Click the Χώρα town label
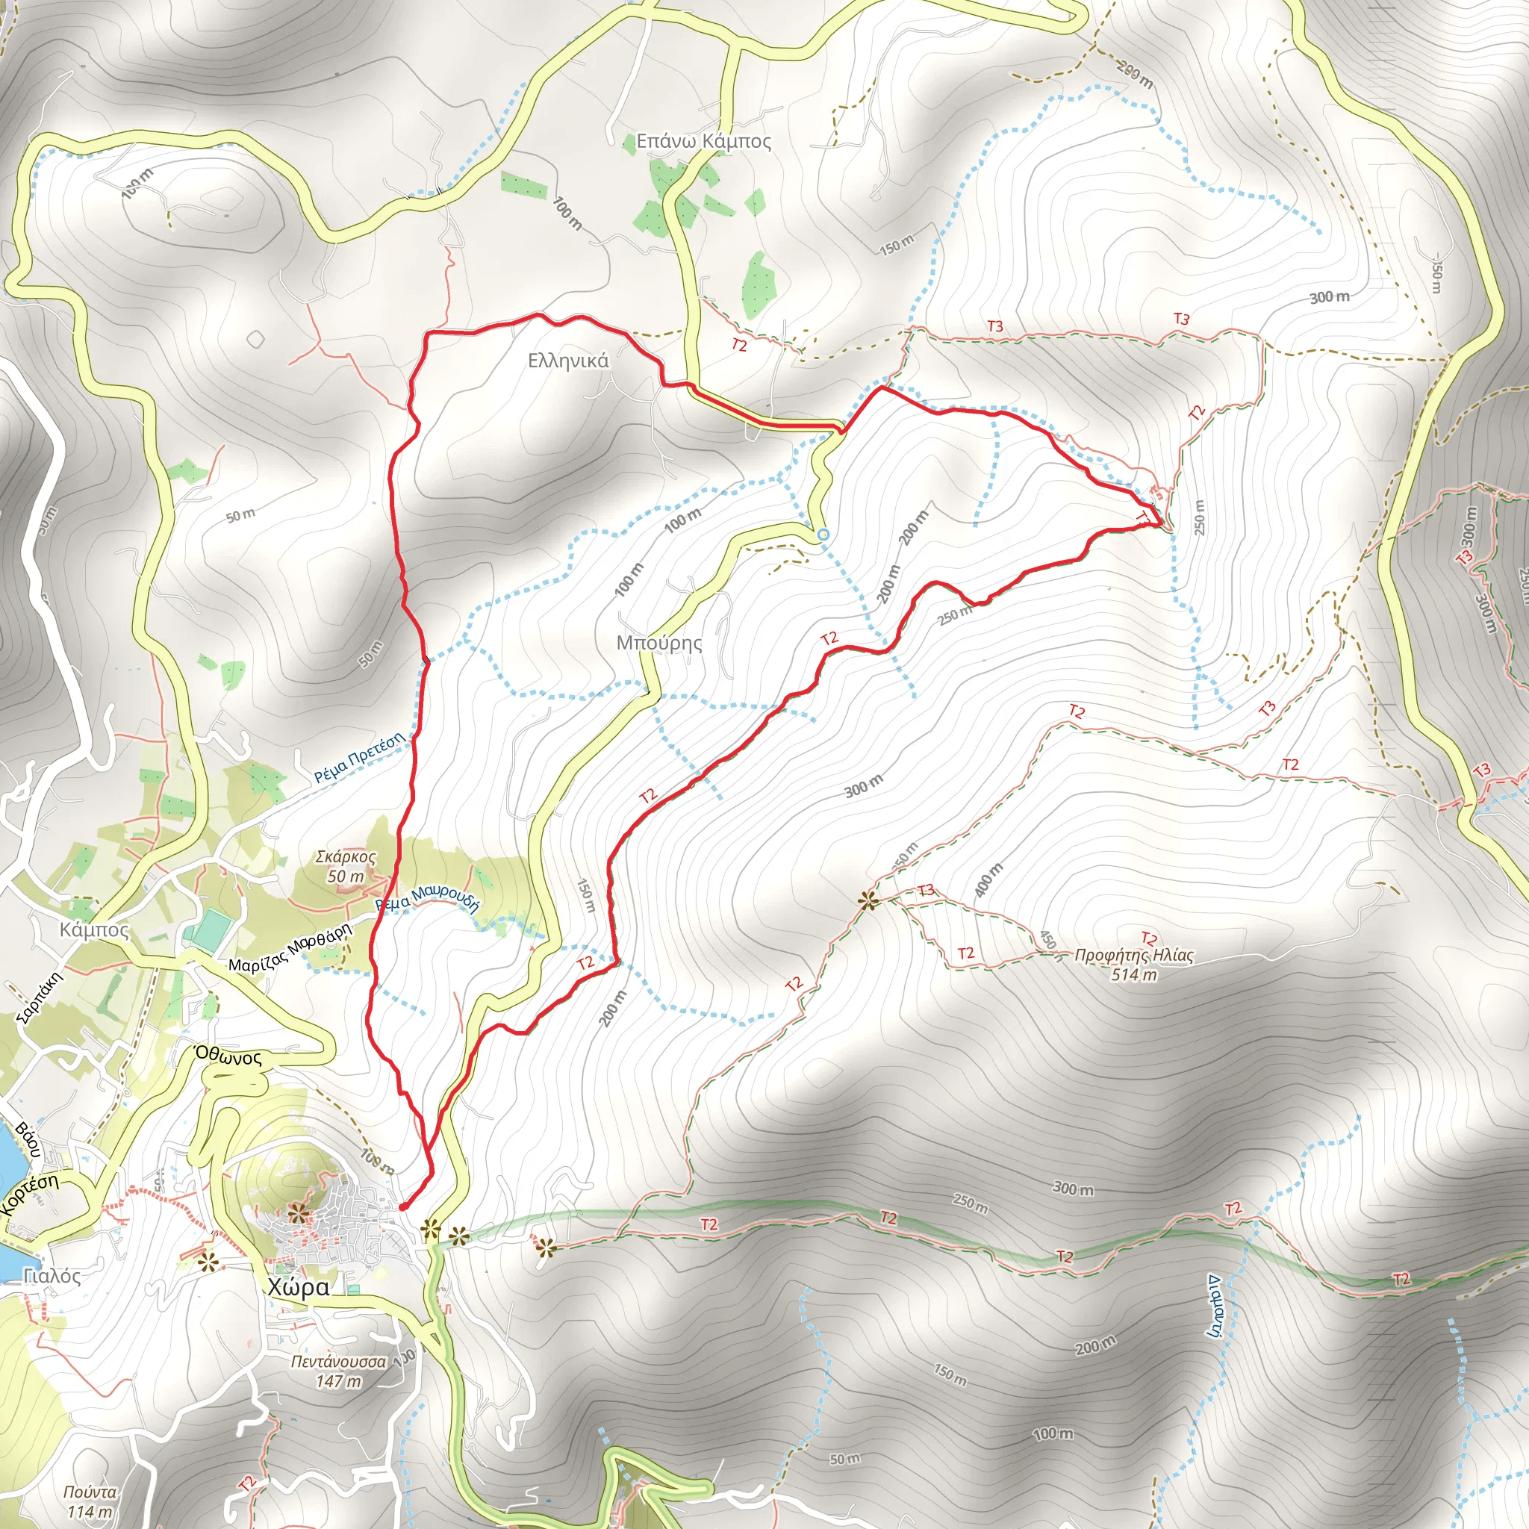pos(299,1287)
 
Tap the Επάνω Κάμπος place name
pos(703,142)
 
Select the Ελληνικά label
pos(568,361)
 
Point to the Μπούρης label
pos(659,643)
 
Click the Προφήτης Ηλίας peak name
pos(1134,955)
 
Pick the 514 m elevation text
pos(1134,975)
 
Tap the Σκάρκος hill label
pos(346,857)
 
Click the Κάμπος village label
pos(94,930)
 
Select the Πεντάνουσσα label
pos(339,1362)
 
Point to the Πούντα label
pos(90,1492)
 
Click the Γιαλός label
pos(52,1276)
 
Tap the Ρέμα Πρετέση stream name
pos(359,759)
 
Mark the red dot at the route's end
pos(403,1207)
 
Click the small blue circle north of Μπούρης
pos(823,535)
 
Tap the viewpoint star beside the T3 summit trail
pos(869,900)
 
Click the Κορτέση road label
pos(30,1195)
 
